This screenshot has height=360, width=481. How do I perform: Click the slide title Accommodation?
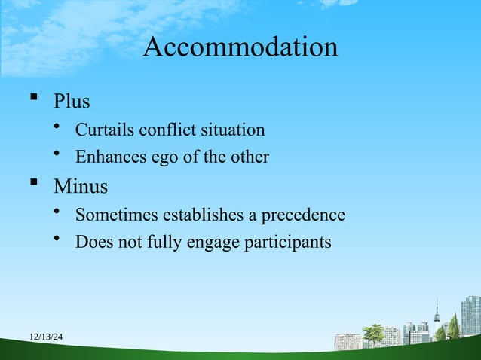[240, 47]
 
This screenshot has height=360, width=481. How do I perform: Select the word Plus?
[72, 100]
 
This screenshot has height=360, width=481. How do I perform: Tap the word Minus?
[80, 185]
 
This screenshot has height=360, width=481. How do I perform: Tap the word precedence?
[302, 215]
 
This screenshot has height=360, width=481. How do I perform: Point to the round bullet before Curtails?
[57, 128]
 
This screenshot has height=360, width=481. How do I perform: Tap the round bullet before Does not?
[57, 241]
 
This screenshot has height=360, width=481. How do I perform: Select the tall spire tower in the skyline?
[437, 314]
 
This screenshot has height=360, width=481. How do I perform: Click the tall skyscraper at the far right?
[470, 316]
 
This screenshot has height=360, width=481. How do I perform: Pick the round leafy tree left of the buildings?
[374, 332]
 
